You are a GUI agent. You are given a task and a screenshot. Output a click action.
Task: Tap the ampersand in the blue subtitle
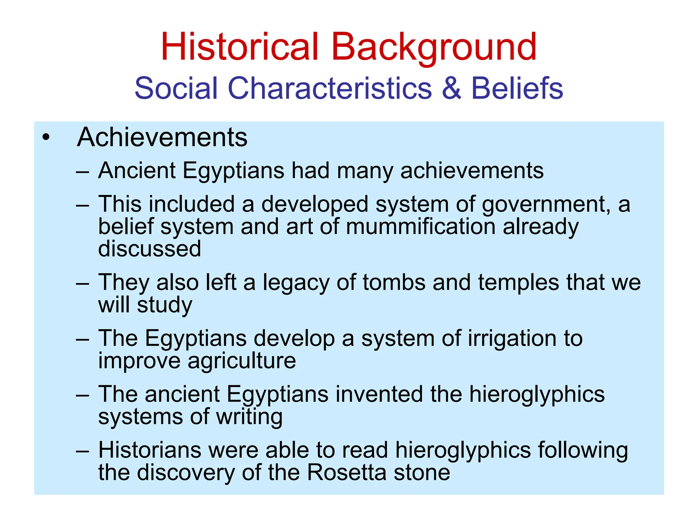point(451,88)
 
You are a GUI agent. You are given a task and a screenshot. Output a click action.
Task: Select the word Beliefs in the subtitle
point(517,88)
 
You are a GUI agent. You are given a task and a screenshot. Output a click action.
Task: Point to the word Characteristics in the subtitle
point(330,88)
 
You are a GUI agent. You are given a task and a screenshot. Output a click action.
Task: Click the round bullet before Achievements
point(46,137)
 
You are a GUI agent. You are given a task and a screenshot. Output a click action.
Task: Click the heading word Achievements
point(162,137)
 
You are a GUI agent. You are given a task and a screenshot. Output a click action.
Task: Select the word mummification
point(421,226)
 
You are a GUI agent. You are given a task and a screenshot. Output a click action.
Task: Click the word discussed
point(150,249)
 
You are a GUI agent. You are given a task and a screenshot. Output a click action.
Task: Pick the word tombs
point(394,282)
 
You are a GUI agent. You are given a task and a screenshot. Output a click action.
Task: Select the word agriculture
point(242,360)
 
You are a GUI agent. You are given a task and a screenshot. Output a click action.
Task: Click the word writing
point(249,417)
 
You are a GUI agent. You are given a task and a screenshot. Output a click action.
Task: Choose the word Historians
point(150,450)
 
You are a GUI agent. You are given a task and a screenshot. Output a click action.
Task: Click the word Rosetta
point(347,472)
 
